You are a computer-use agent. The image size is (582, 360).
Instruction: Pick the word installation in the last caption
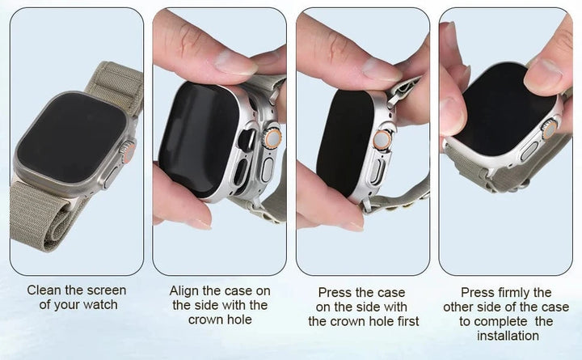[x=508, y=336]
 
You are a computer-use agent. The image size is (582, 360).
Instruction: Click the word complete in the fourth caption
[x=500, y=321]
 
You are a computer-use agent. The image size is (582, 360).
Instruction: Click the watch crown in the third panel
[x=382, y=140]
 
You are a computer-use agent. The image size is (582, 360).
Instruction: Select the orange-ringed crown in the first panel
[x=129, y=151]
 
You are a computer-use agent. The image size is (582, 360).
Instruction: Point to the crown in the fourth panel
[x=549, y=129]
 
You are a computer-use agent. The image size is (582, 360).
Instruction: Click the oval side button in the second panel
[x=267, y=170]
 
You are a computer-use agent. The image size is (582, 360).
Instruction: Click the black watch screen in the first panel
[x=71, y=138]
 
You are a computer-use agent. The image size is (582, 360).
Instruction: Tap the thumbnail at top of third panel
[x=382, y=70]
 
